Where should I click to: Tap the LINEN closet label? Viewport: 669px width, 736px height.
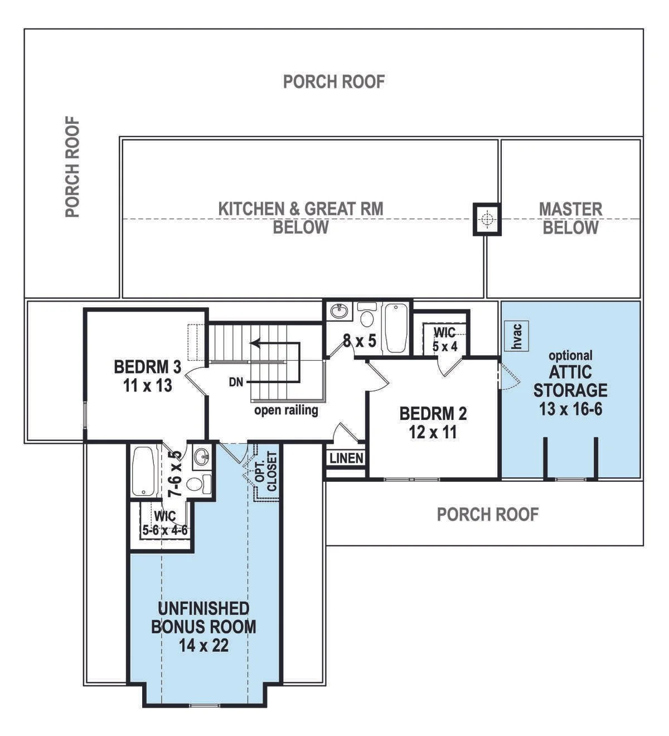[346, 459]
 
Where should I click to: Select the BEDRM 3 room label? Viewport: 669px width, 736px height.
[148, 367]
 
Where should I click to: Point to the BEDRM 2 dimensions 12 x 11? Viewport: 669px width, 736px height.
[433, 432]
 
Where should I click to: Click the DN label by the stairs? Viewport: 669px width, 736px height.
[236, 382]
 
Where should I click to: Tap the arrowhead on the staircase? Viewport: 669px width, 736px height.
[255, 343]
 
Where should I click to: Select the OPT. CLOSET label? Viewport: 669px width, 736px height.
[266, 472]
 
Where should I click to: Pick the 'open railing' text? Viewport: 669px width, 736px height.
[286, 410]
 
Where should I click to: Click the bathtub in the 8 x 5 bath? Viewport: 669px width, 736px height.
[396, 328]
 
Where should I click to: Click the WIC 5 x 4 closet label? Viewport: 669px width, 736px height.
[445, 340]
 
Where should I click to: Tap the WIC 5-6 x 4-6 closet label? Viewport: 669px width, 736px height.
[165, 522]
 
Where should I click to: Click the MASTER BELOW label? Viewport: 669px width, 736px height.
[571, 219]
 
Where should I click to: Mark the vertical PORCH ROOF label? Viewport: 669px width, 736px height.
[72, 167]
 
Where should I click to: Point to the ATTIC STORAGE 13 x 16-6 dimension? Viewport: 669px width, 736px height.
[571, 409]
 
